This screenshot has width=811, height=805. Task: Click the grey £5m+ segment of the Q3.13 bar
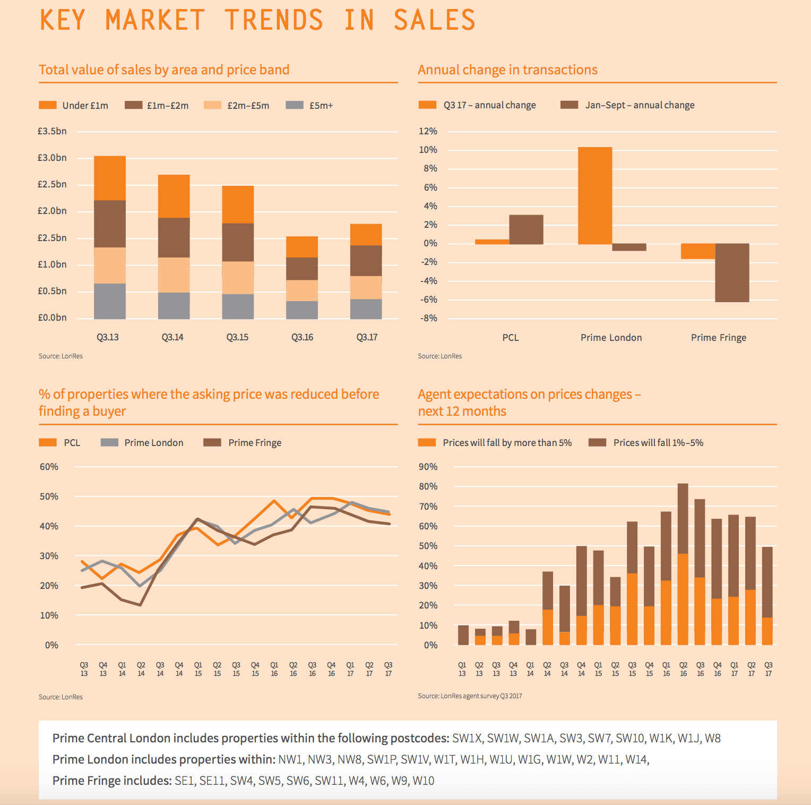pos(110,301)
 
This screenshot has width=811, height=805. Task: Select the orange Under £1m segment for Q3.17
pos(366,235)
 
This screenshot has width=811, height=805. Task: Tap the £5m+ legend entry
pos(309,105)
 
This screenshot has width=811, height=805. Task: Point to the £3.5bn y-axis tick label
pos(52,131)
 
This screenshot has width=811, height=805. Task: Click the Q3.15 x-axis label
pos(237,337)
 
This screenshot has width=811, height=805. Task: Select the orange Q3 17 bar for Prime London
pos(595,195)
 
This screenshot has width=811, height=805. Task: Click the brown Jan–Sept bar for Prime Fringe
pos(732,272)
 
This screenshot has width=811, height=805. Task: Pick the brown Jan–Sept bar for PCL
pos(526,229)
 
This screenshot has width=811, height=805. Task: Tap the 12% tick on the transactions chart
pos(428,131)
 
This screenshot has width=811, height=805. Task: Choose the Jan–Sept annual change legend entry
pos(628,105)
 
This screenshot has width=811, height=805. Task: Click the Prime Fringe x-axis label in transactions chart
pos(718,338)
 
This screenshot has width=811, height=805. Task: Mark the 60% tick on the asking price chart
pos(49,467)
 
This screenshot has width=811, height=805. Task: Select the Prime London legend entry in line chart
pos(142,443)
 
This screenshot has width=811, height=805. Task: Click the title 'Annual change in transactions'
pos(507,70)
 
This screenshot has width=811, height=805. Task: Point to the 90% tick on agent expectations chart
pos(428,467)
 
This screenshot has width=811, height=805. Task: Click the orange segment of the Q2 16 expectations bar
pos(683,600)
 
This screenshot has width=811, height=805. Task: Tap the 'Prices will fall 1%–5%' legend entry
pos(646,443)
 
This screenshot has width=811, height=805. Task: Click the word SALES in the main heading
pos(434,20)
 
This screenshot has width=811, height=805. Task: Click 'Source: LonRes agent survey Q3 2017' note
pos(470,696)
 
